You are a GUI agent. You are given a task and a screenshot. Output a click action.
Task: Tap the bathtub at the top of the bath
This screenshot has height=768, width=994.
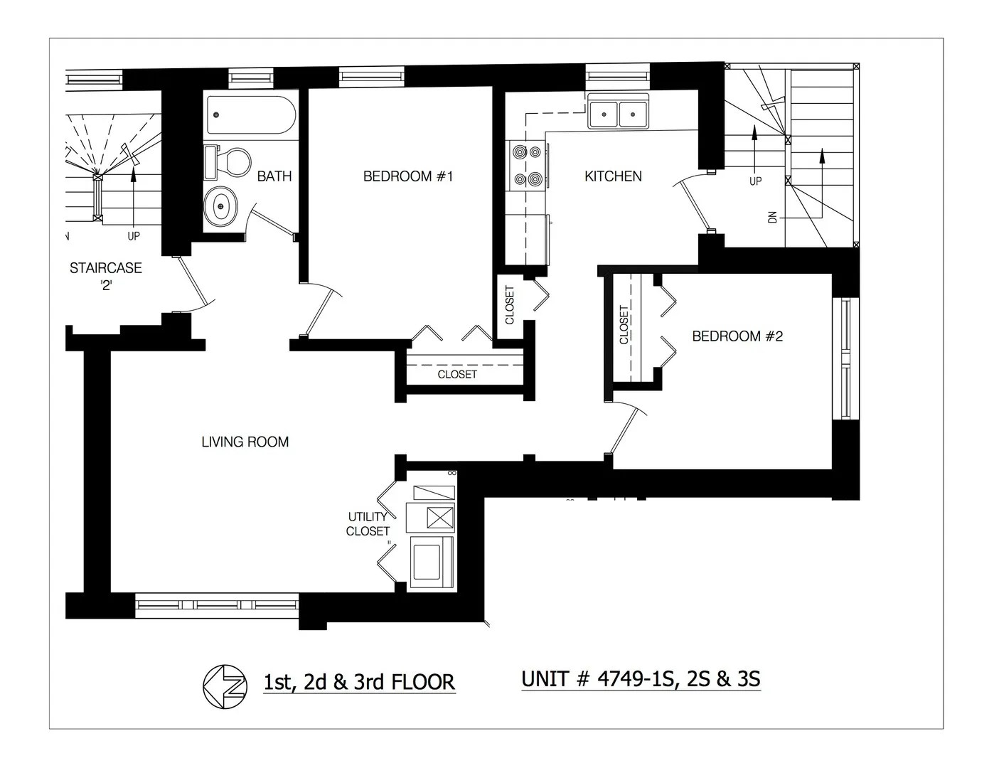coord(250,114)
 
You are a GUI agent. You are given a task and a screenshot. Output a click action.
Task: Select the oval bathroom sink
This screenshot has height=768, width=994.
coord(222,206)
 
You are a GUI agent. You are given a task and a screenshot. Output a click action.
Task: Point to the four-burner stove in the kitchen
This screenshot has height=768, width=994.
coord(528,165)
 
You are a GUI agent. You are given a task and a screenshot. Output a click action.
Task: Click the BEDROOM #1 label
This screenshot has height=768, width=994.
coord(407,176)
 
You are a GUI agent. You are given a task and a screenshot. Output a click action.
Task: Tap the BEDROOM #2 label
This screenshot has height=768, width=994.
coord(737,336)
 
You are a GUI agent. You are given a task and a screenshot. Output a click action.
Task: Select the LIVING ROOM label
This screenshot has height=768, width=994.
coord(245,442)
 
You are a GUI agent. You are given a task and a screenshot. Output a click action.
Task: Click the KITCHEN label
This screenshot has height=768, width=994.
coord(613,176)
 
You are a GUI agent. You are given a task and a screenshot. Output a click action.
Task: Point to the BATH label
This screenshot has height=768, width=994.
coord(274,176)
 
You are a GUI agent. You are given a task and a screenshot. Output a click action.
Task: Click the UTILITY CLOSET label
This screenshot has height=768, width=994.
coord(368,524)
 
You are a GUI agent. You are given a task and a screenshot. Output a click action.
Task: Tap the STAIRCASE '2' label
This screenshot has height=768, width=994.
coord(105,275)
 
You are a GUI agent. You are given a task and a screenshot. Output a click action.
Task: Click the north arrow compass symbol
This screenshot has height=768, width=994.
coord(225,686)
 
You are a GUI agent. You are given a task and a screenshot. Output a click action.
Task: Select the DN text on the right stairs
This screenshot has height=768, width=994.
coord(772,217)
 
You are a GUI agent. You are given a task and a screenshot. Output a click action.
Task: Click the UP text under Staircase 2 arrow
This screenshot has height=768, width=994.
coord(134,235)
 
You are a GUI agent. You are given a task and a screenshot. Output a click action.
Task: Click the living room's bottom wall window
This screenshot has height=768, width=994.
coord(217,605)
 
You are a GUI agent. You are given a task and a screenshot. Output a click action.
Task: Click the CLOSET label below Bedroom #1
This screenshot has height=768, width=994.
coord(457,374)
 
